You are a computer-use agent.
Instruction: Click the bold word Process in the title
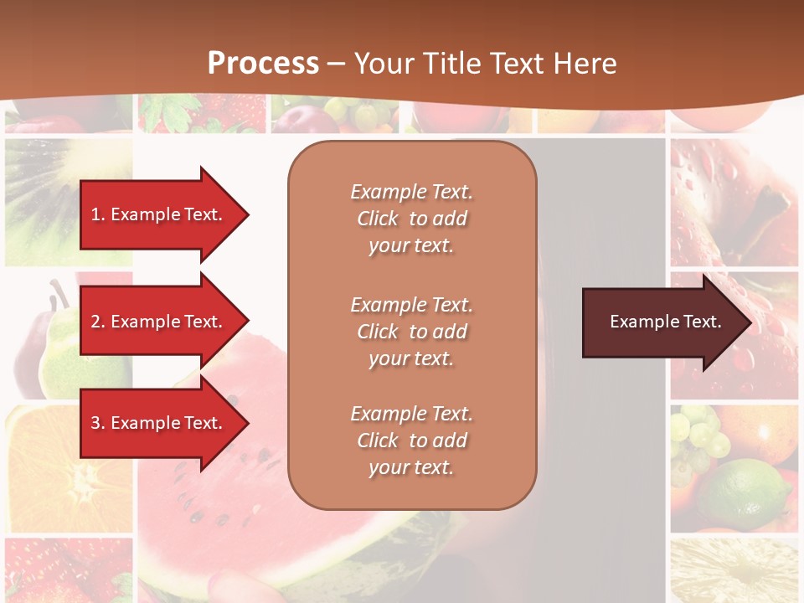click(263, 63)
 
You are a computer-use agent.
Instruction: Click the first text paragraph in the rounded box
click(411, 219)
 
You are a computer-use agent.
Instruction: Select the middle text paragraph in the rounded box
click(411, 332)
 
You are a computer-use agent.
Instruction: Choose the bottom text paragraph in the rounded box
click(411, 441)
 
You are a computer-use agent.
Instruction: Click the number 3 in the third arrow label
click(95, 423)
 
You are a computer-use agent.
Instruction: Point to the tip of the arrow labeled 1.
click(248, 214)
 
